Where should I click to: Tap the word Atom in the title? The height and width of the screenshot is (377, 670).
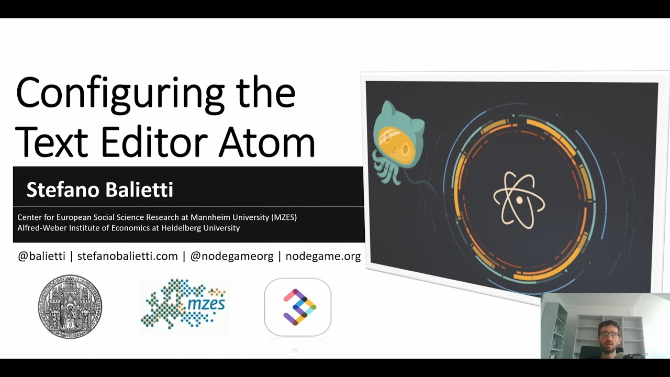tap(266, 142)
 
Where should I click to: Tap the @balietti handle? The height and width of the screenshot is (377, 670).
tap(41, 257)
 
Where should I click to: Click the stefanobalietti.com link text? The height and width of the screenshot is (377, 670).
tap(128, 257)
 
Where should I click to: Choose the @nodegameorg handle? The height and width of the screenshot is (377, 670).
tap(232, 257)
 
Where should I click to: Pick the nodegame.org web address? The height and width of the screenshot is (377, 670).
tap(323, 257)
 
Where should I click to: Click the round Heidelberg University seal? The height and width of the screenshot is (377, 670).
tap(70, 307)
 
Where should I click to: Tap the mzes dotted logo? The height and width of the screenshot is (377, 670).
tap(184, 307)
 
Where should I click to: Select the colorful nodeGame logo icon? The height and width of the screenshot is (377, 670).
tap(298, 307)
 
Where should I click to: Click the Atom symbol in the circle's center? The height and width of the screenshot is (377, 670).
tap(519, 199)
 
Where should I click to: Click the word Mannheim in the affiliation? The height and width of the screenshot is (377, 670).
tap(211, 217)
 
